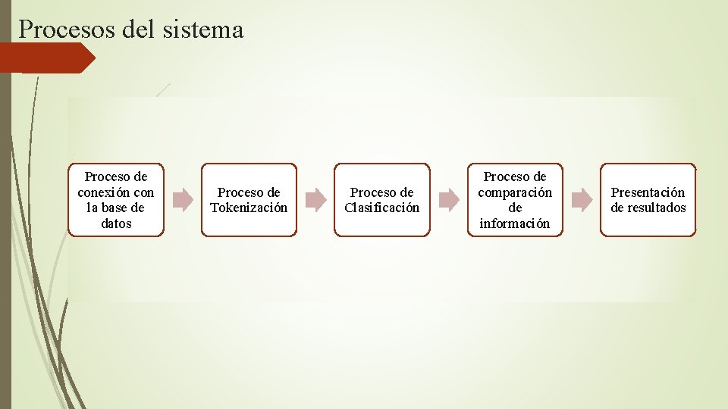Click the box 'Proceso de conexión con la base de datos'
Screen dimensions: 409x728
[116, 200]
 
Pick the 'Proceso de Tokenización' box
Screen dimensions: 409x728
[249, 200]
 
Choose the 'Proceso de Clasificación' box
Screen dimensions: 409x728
[381, 200]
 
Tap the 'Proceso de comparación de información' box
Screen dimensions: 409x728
[515, 200]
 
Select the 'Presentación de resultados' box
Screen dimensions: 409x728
[648, 200]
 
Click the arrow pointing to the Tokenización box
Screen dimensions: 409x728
[183, 200]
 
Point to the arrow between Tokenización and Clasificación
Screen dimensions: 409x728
[315, 200]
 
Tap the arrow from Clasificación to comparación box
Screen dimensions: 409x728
[449, 200]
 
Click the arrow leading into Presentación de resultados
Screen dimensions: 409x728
[582, 200]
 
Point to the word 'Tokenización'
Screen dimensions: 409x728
[249, 208]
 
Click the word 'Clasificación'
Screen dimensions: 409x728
[381, 208]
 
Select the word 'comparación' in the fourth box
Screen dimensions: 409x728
[515, 192]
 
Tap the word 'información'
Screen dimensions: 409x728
[515, 223]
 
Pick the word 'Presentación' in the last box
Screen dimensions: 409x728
[648, 192]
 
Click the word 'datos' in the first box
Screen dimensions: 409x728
[116, 223]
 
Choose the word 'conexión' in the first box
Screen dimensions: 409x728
[104, 192]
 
